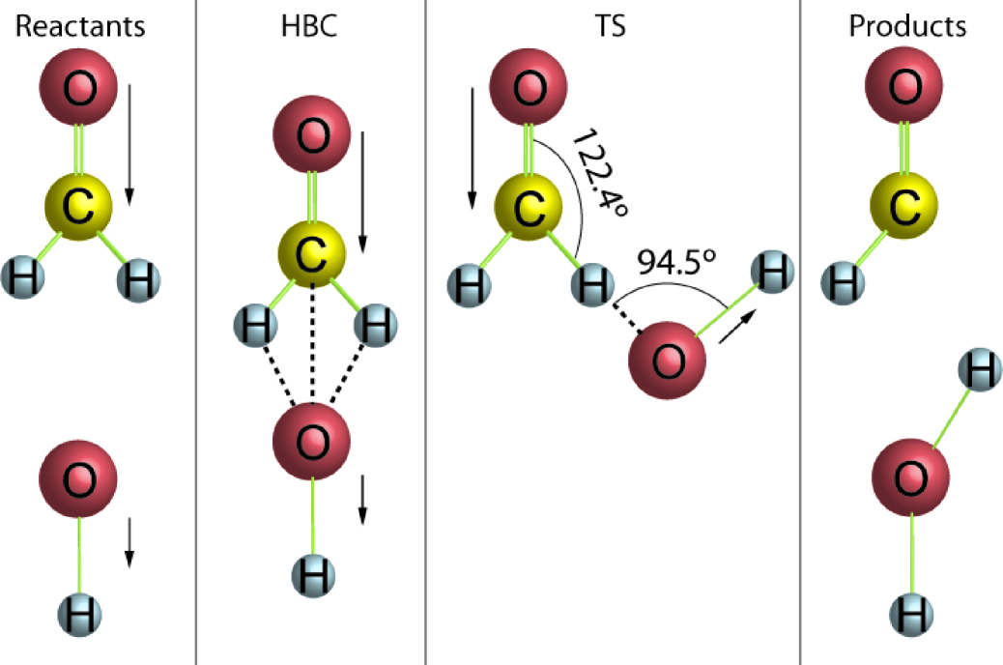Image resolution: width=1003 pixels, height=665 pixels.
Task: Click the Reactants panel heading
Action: (x=81, y=26)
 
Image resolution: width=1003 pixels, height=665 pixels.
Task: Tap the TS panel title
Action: (x=610, y=26)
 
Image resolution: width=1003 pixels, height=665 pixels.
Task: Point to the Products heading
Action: (x=907, y=26)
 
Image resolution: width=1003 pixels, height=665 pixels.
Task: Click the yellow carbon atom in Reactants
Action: (x=79, y=206)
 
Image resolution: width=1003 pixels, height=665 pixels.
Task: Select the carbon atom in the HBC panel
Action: (x=312, y=254)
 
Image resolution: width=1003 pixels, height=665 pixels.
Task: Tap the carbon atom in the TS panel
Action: (x=529, y=206)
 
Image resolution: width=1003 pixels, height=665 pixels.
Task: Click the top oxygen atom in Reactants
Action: (x=78, y=90)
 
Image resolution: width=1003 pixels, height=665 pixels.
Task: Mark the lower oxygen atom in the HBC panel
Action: (x=312, y=441)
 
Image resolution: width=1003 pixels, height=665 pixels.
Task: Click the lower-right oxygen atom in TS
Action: (x=668, y=361)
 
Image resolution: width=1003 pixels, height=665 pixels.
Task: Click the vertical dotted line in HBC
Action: (x=312, y=338)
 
